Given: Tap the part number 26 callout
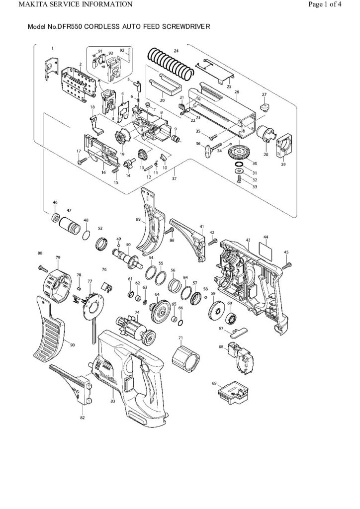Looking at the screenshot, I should (x=237, y=92).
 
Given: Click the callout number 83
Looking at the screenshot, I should (x=113, y=401).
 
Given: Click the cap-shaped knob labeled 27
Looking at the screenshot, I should (x=265, y=107).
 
